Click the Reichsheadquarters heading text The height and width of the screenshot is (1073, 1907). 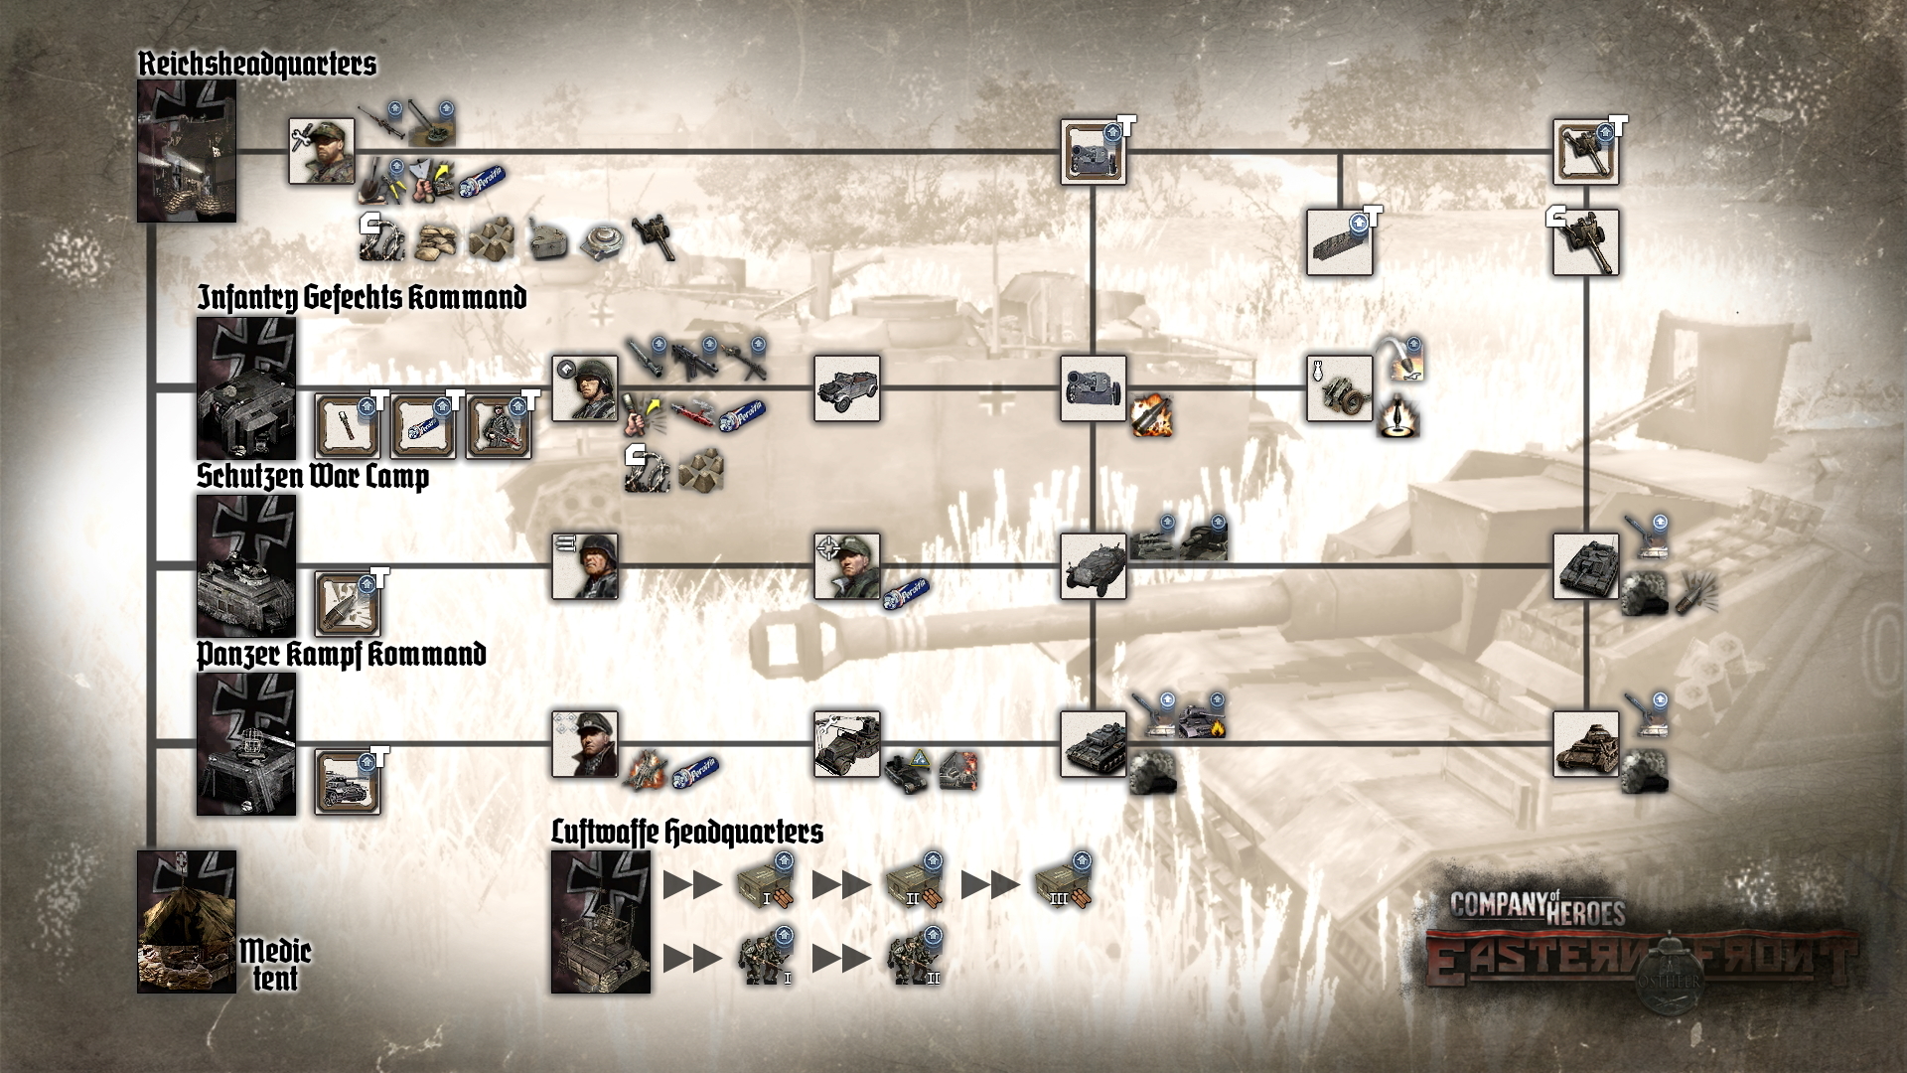tap(256, 65)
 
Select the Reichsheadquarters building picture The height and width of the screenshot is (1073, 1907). tap(187, 151)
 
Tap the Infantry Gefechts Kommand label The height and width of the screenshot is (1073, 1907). tap(362, 298)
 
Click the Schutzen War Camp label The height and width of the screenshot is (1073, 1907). tap(313, 477)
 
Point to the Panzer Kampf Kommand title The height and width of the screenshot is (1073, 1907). tap(341, 655)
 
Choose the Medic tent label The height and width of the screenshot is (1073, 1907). tap(275, 965)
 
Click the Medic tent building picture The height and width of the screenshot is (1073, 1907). tap(187, 922)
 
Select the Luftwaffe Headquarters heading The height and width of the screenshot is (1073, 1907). tap(687, 833)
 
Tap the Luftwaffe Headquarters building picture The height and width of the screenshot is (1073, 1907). tap(601, 922)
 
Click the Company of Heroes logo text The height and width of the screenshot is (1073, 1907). tap(1538, 908)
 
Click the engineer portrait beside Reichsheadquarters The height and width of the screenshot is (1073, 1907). tap(322, 152)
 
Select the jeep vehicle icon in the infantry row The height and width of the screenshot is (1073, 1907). tap(847, 388)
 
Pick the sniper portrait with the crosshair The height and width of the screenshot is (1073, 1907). tap(847, 566)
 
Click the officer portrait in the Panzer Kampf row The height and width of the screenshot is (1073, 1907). tap(585, 744)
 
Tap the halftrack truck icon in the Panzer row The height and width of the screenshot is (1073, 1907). tap(847, 744)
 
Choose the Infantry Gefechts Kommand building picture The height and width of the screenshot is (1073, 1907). tap(246, 388)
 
